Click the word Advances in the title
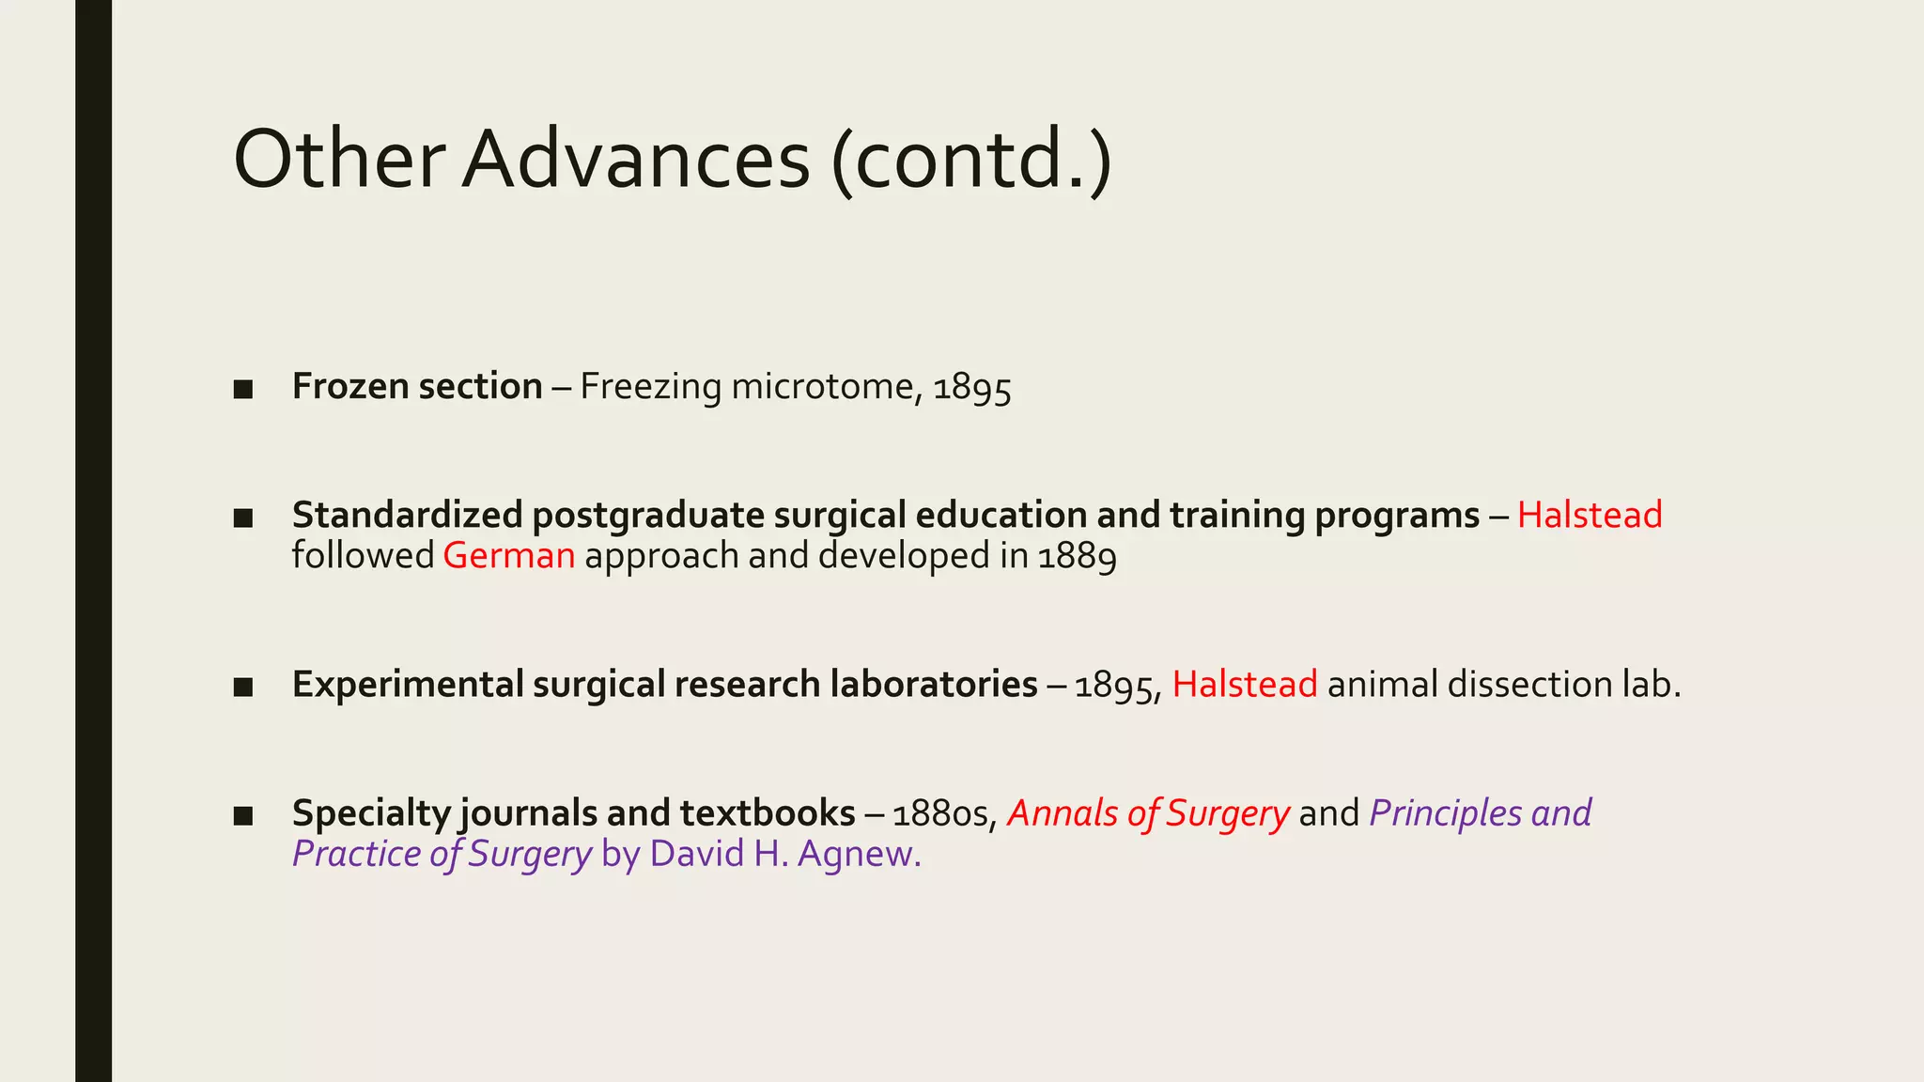tap(635, 160)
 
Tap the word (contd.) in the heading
tap(971, 160)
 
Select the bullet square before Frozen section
tap(243, 389)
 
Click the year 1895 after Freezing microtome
tap(972, 387)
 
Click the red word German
tap(508, 556)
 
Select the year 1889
tap(1078, 556)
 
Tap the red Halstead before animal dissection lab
tap(1244, 685)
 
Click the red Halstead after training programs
tap(1590, 516)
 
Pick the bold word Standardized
tap(407, 516)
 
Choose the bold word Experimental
tap(407, 685)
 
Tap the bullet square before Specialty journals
tap(243, 815)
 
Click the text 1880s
tap(944, 814)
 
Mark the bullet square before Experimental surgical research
tap(243, 687)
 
